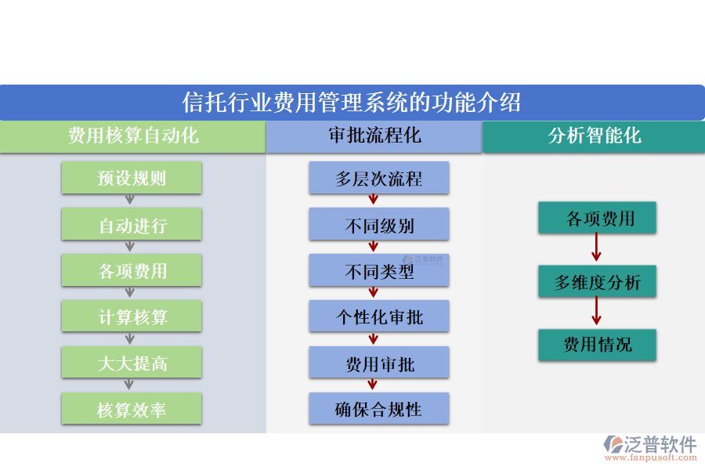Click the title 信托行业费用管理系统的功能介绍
point(352,103)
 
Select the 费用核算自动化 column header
point(132,136)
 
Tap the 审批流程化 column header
point(374,136)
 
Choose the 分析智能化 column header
point(594,136)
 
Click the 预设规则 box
point(132,178)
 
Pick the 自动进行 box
point(132,225)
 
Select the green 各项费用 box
point(132,271)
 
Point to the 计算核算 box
point(132,317)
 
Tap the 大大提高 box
point(132,363)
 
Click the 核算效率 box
point(132,410)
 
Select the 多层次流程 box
point(379,179)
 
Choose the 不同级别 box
point(379,226)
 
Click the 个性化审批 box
point(379,317)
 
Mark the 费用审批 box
point(379,363)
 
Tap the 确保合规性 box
point(379,410)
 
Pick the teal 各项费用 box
point(597,219)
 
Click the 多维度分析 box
point(597,282)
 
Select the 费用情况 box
point(597,345)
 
